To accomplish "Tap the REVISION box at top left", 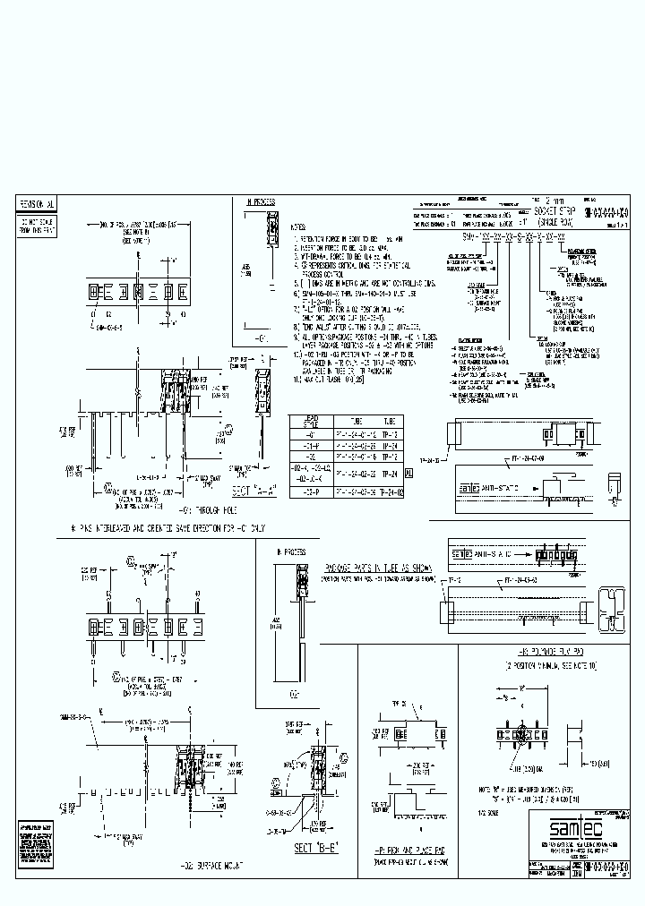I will [37, 204].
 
